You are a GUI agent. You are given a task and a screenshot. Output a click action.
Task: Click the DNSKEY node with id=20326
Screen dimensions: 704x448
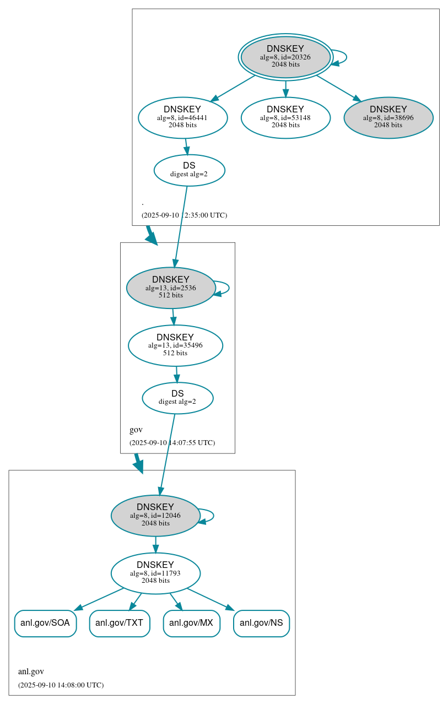click(285, 57)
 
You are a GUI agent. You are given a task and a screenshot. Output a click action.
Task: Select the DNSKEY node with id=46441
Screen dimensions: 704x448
click(182, 117)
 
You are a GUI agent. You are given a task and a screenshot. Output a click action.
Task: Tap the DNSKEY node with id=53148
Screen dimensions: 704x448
click(285, 117)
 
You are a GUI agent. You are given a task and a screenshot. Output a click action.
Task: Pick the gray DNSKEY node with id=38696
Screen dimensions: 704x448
click(388, 117)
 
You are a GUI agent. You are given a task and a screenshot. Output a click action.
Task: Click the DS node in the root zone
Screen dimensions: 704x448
click(189, 170)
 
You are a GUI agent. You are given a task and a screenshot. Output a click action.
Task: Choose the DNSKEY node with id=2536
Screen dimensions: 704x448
click(170, 288)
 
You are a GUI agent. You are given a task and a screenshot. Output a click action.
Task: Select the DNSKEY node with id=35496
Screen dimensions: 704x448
click(175, 345)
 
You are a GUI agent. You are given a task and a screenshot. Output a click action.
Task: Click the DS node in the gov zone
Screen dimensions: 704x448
click(177, 398)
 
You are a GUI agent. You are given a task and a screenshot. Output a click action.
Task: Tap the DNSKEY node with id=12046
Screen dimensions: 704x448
click(155, 516)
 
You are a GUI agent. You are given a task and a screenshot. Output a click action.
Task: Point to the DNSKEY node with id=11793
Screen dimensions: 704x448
click(155, 573)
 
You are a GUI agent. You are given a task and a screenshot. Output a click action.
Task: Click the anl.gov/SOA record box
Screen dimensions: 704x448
click(45, 624)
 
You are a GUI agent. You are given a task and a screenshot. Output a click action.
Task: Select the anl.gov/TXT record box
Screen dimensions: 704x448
click(120, 624)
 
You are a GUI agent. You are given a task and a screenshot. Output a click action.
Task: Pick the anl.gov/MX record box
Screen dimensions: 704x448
click(191, 624)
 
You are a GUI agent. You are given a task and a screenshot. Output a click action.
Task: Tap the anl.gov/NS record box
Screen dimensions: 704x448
click(261, 624)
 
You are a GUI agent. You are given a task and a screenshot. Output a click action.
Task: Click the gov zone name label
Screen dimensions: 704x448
click(136, 430)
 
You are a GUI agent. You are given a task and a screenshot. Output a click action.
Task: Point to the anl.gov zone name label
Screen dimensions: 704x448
click(31, 671)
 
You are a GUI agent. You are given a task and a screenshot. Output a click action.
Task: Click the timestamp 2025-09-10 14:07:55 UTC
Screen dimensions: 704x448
click(172, 442)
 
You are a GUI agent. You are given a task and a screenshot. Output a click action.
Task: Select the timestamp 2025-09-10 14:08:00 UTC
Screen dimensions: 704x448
click(61, 685)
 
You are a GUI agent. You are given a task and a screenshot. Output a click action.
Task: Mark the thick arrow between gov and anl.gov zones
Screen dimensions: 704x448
click(138, 463)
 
